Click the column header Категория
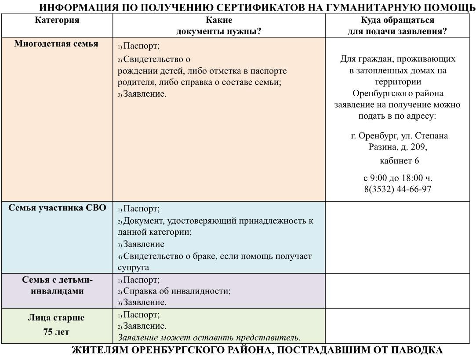click(57, 20)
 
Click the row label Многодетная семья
click(56, 44)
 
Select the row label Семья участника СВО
click(57, 208)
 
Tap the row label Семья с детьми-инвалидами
click(57, 285)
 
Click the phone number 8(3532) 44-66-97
click(397, 189)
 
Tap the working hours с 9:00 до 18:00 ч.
click(398, 178)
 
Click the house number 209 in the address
click(418, 147)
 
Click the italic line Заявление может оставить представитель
click(209, 338)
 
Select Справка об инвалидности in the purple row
click(177, 291)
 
